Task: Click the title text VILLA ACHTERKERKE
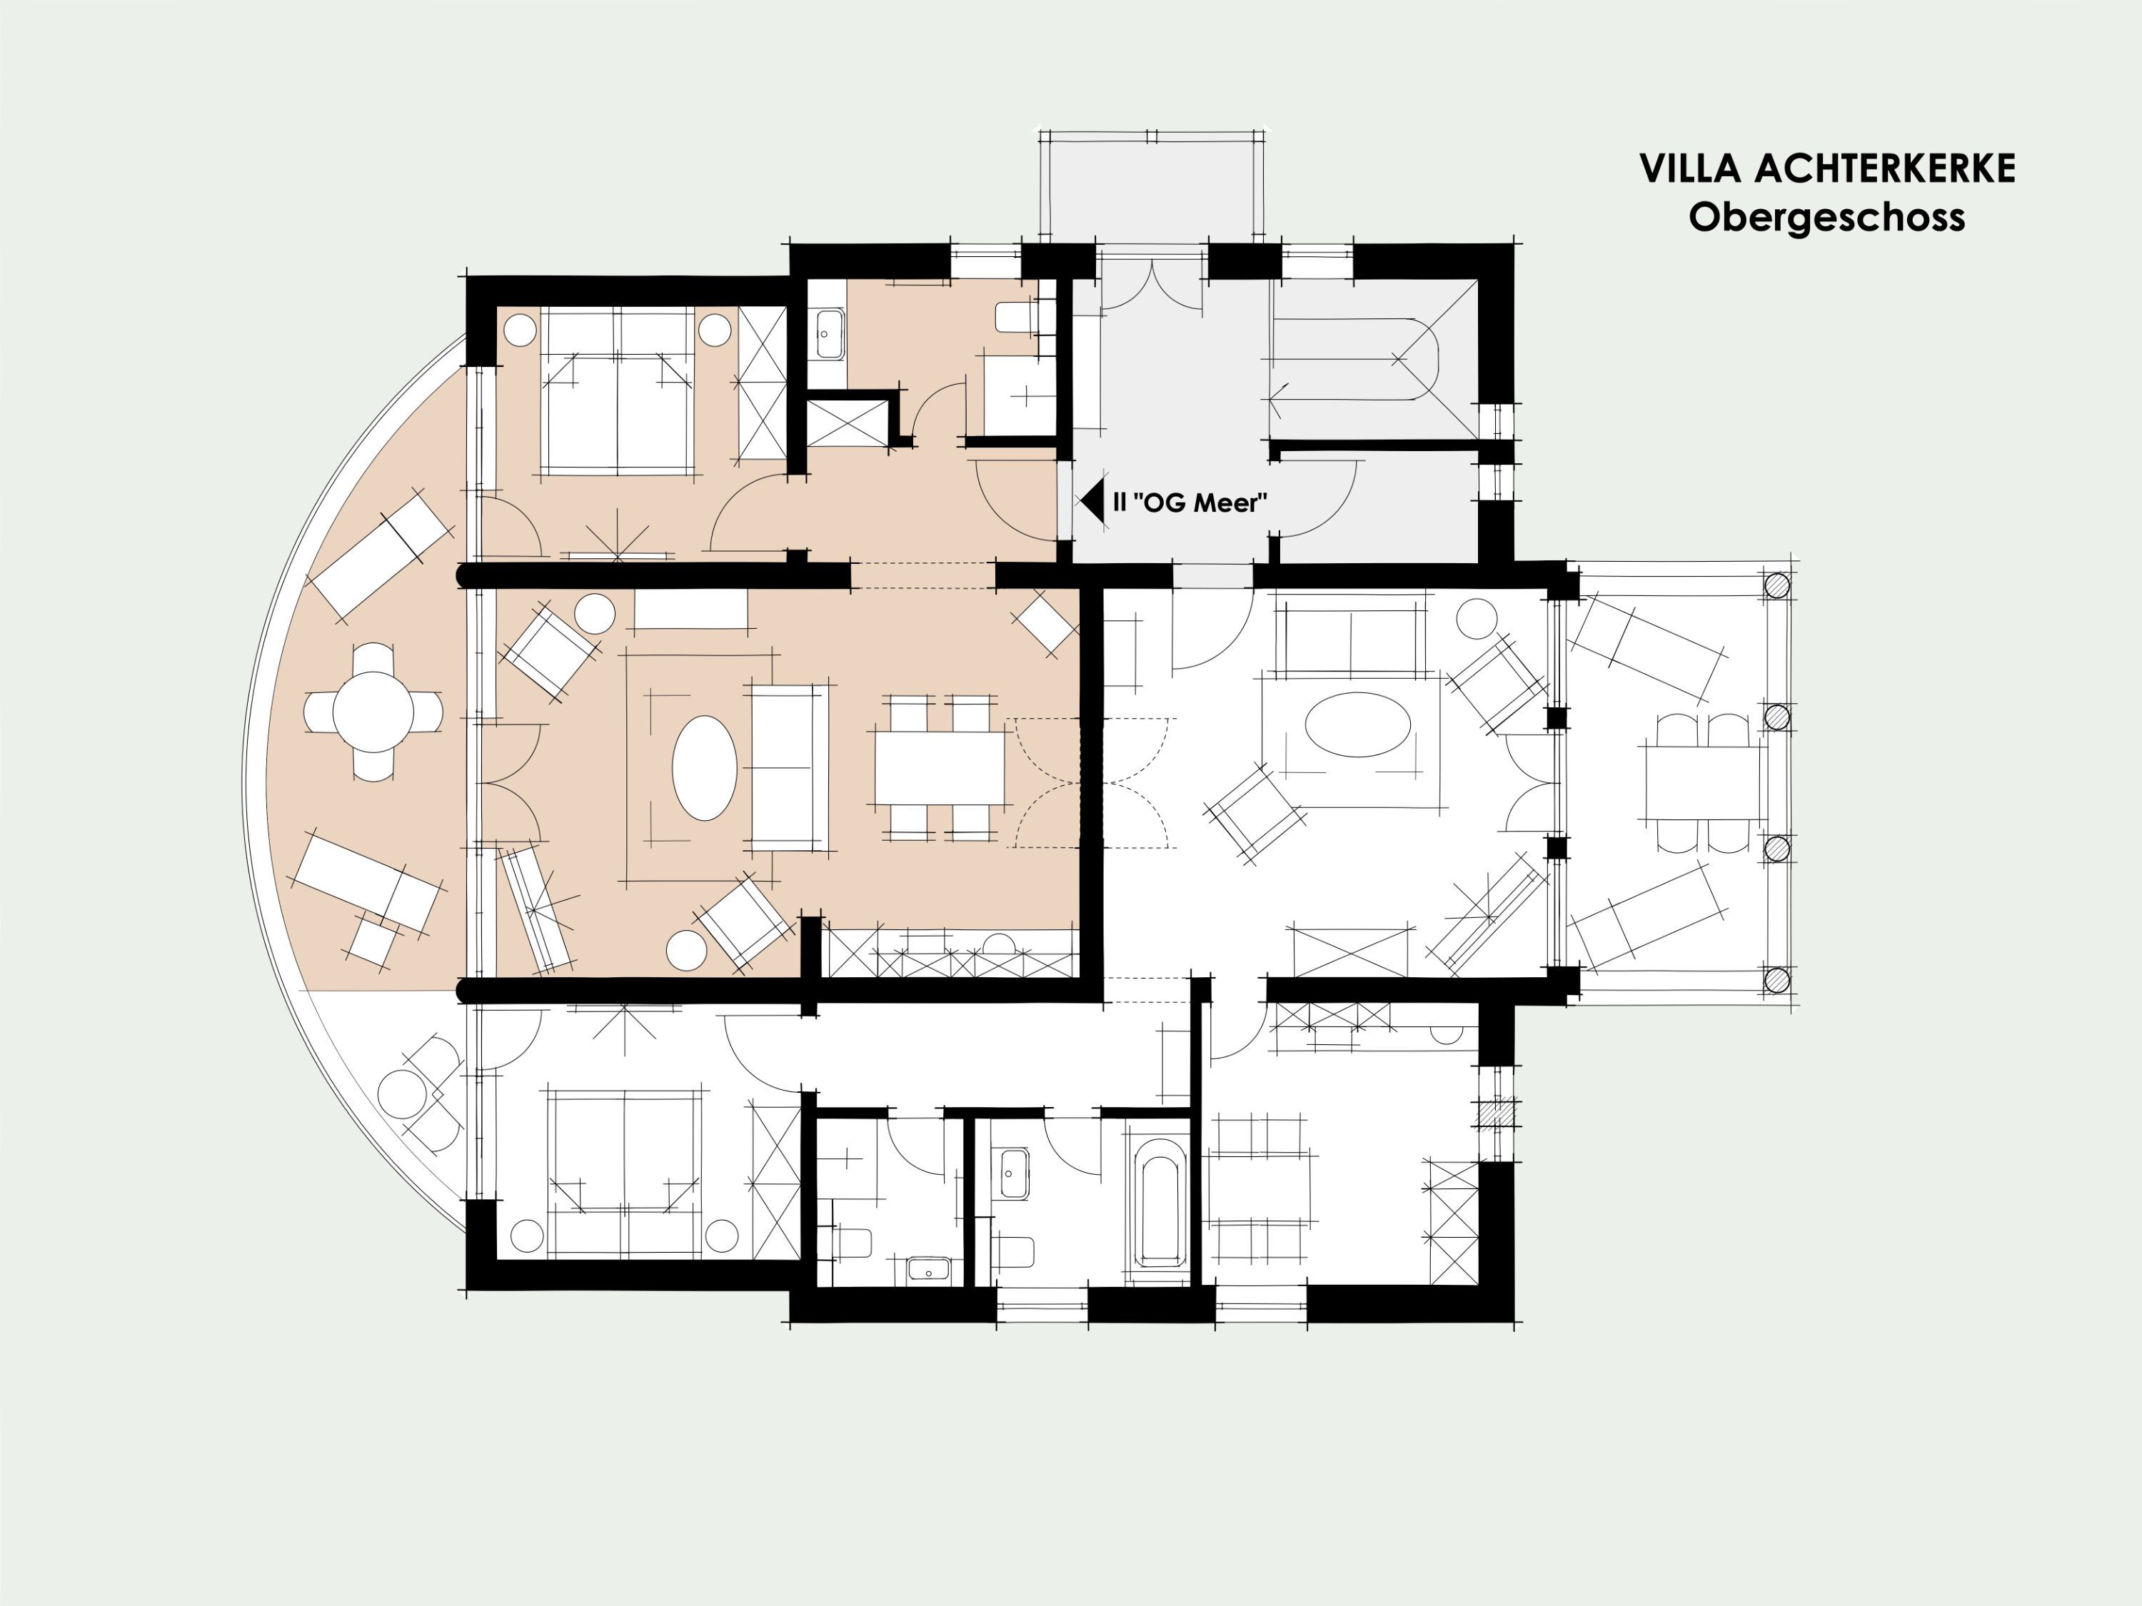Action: (1827, 168)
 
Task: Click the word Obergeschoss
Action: (1827, 217)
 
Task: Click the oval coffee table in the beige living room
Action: (705, 767)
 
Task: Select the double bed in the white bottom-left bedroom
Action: (625, 1172)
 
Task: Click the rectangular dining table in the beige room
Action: (940, 767)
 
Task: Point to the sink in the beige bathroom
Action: (828, 334)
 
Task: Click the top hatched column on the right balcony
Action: (1778, 586)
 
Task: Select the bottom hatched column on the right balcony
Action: (1778, 980)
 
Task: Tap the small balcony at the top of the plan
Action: (1152, 187)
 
